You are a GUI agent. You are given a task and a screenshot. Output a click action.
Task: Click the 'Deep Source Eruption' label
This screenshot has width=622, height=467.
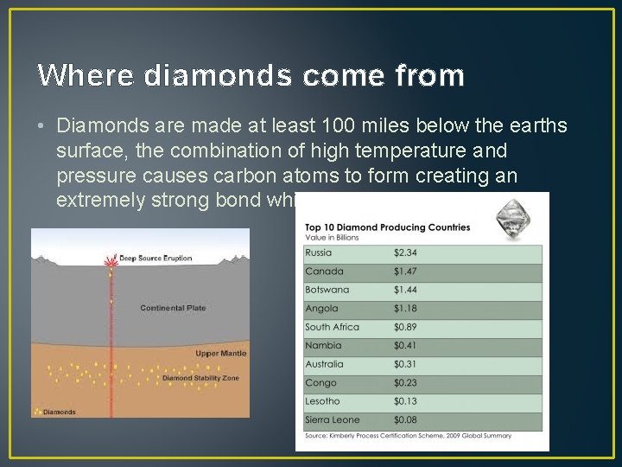pyautogui.click(x=155, y=258)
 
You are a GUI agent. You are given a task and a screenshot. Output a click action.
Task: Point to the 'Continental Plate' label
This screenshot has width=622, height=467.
pyautogui.click(x=173, y=308)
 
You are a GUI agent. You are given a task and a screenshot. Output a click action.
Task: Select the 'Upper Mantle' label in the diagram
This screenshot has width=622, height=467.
pyautogui.click(x=220, y=353)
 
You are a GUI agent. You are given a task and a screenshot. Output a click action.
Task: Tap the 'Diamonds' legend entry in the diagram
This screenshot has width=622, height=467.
pyautogui.click(x=59, y=412)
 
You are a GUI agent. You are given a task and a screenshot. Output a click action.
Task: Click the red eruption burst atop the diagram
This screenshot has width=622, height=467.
pyautogui.click(x=111, y=260)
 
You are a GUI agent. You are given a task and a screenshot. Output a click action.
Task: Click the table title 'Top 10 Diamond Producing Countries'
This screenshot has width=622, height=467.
pyautogui.click(x=387, y=227)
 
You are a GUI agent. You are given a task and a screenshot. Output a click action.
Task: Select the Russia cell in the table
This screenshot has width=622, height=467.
pyautogui.click(x=318, y=253)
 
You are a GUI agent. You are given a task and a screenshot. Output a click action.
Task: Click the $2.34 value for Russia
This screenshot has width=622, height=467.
pyautogui.click(x=407, y=253)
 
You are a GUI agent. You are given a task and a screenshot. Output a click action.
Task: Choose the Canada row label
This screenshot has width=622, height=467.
pyautogui.click(x=324, y=272)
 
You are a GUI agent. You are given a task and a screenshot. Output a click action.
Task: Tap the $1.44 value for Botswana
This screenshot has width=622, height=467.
pyautogui.click(x=407, y=290)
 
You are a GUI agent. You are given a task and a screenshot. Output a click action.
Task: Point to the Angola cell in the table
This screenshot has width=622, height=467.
pyautogui.click(x=321, y=309)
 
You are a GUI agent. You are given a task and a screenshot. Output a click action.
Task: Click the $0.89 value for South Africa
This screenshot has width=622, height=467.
pyautogui.click(x=407, y=327)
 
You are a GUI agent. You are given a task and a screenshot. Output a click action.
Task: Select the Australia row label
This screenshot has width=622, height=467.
pyautogui.click(x=324, y=364)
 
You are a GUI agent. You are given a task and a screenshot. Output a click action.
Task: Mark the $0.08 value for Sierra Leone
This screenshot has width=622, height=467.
pyautogui.click(x=407, y=420)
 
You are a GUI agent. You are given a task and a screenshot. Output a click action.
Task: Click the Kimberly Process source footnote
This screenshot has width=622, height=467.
pyautogui.click(x=408, y=436)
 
